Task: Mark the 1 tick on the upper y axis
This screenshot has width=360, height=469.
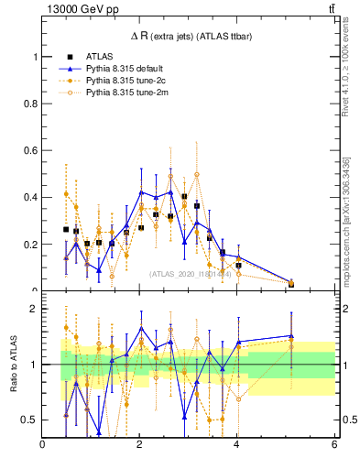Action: coord(37,57)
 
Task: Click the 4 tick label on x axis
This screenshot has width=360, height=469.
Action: coord(237,445)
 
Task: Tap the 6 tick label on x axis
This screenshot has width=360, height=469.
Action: coord(334,445)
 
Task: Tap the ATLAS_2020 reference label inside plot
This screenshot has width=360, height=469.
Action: coord(191,274)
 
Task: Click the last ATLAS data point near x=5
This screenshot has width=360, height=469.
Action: coord(291,284)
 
